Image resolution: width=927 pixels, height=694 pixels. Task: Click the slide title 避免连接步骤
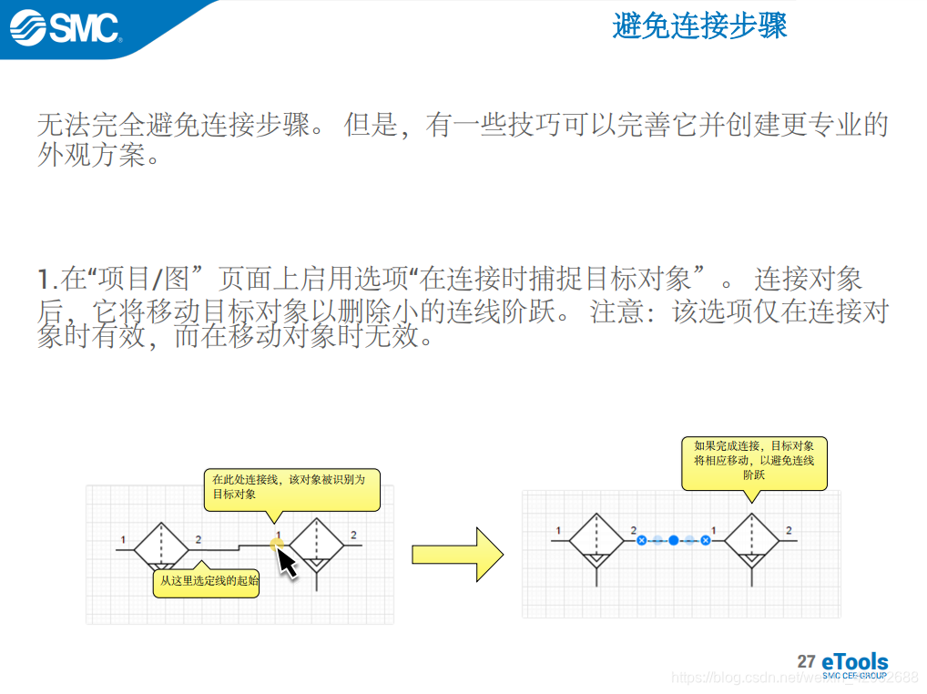[699, 26]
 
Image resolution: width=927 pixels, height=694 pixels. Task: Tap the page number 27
[806, 660]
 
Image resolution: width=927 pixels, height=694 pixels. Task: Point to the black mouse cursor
[286, 562]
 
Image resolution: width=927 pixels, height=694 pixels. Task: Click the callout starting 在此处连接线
[290, 486]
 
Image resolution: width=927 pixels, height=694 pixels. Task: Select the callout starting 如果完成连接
[754, 461]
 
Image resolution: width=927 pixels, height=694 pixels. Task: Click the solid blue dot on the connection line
[674, 540]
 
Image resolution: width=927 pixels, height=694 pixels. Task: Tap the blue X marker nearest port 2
[641, 540]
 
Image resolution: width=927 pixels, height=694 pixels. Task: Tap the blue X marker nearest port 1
[706, 540]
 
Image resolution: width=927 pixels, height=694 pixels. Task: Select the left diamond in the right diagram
[596, 542]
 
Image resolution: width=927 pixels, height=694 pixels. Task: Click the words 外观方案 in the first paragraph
[92, 156]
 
